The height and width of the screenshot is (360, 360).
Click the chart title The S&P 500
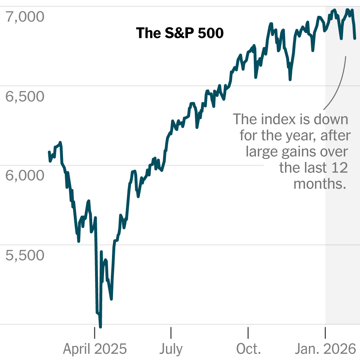pyautogui.click(x=180, y=33)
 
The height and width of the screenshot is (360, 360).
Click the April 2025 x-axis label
pyautogui.click(x=95, y=349)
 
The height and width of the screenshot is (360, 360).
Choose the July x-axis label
pyautogui.click(x=171, y=349)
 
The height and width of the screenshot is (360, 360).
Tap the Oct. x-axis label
pyautogui.click(x=248, y=349)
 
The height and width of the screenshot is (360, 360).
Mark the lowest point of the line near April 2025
pyautogui.click(x=100, y=327)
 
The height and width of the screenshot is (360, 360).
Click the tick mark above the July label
pyautogui.click(x=171, y=333)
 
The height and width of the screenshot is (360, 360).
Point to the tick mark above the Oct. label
pyautogui.click(x=248, y=333)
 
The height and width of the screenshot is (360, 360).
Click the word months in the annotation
pyautogui.click(x=320, y=184)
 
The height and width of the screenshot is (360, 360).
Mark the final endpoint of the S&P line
pyautogui.click(x=355, y=38)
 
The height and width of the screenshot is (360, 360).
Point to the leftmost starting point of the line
pyautogui.click(x=49, y=152)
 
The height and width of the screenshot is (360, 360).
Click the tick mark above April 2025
pyautogui.click(x=95, y=333)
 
